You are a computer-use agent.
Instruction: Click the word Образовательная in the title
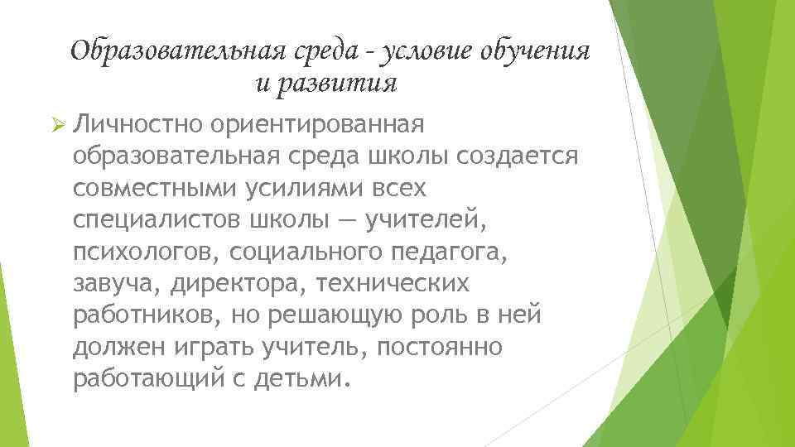point(177,51)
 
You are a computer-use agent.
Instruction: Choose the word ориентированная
point(318,125)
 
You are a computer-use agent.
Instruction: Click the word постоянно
point(438,347)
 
